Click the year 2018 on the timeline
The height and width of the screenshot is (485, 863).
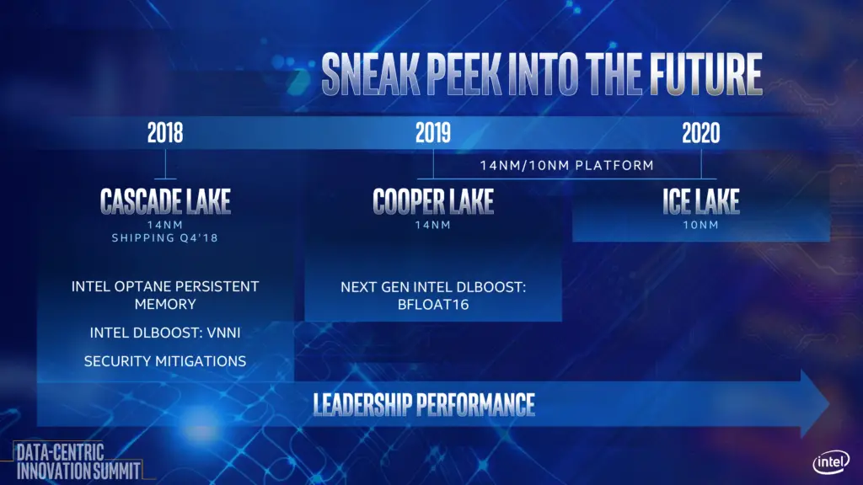pos(165,133)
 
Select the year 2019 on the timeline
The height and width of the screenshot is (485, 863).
pos(433,133)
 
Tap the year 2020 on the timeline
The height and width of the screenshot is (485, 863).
pos(700,133)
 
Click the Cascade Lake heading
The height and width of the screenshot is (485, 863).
pos(165,201)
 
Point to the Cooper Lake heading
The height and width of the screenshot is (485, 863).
pos(433,201)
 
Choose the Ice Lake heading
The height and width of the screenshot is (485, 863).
pos(700,201)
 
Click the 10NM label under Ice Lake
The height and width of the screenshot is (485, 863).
pos(700,225)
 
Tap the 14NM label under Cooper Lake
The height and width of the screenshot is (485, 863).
pos(433,225)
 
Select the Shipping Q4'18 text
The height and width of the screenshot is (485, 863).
pos(165,238)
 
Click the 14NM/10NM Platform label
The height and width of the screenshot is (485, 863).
pos(567,166)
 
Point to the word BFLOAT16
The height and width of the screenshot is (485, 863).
pos(433,305)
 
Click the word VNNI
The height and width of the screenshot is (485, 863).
pos(223,333)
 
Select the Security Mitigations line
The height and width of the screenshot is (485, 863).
pos(165,361)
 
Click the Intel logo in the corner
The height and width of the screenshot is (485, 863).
pos(831,462)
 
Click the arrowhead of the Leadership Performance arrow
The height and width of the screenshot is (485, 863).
pos(816,404)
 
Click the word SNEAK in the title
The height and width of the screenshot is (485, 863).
pos(371,74)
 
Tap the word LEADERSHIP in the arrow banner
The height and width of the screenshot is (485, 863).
pos(362,405)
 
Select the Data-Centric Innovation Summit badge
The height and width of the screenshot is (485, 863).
pos(78,461)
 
